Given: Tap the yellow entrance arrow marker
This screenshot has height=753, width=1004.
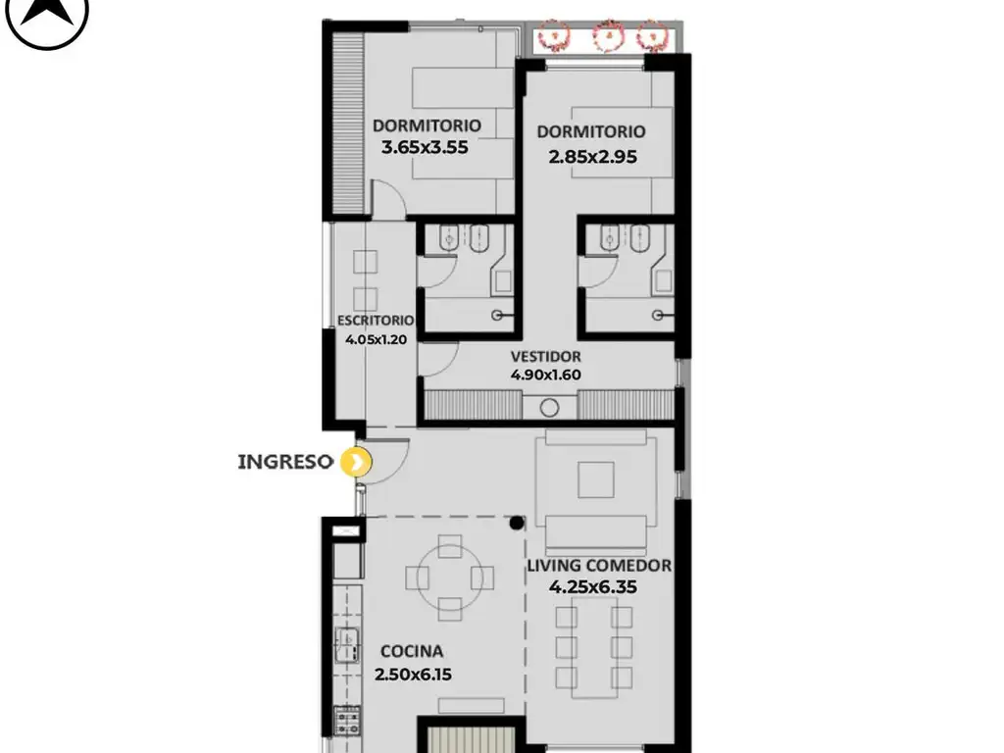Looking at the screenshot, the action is pos(355,462).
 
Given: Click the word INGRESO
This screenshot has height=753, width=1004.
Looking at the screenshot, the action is pos(285,462).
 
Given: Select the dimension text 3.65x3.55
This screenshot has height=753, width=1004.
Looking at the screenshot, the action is pos(425,147).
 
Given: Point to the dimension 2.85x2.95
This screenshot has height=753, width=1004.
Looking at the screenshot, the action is pos(593,157).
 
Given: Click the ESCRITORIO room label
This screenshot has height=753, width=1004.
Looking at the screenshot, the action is pos(376,321).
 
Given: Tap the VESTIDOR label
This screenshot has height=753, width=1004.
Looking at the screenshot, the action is pos(546,357).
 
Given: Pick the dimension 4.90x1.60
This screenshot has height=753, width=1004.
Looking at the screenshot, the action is pos(546,375).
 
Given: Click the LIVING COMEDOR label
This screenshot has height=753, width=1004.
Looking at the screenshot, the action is pos(599,566).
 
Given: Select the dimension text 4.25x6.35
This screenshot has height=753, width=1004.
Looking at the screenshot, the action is pos(593,587).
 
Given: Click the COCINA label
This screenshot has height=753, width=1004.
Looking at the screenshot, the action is pos(412,651).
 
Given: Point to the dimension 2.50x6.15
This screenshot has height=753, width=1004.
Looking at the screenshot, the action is pos(413,675).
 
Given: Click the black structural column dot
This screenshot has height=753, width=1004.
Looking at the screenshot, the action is pos(517,524).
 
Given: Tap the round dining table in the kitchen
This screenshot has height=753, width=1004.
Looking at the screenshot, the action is pos(449,578).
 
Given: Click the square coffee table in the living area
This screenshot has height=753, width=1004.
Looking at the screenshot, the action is pos(596,480).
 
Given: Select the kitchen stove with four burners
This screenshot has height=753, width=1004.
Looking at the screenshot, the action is pos(348,720).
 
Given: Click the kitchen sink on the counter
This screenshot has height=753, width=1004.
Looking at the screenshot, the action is pos(348,645).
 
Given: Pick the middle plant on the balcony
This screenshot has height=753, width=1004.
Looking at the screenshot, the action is pos(608,36).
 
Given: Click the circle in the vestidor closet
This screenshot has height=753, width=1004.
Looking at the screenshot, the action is pos(549,408).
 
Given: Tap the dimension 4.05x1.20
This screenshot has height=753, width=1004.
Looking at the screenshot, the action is pos(376,339).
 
